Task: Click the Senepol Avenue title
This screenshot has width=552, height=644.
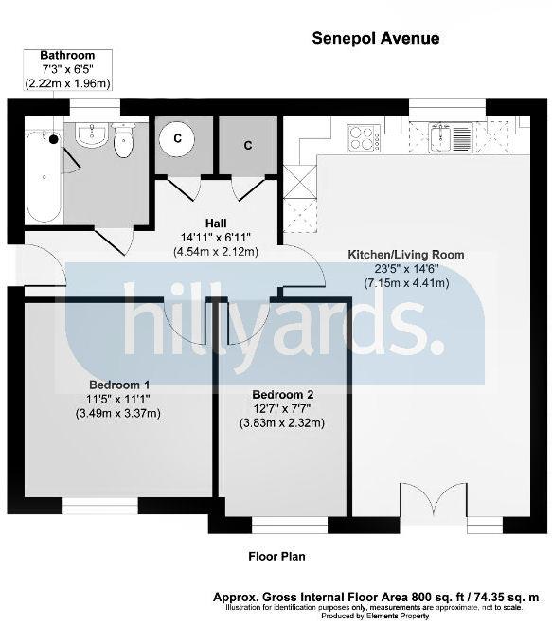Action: (x=375, y=38)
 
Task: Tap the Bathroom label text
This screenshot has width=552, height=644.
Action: (x=67, y=55)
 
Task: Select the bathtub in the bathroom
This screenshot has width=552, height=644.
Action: (x=45, y=176)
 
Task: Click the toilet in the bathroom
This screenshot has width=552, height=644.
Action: (x=124, y=139)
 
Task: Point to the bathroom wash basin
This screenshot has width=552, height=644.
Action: (x=93, y=134)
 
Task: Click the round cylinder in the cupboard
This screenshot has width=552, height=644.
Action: (x=177, y=139)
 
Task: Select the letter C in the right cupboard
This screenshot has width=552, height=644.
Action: (x=248, y=146)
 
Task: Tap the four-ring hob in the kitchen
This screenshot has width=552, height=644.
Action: (x=364, y=138)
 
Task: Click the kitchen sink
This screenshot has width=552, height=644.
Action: (x=451, y=136)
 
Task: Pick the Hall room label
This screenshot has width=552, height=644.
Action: (x=216, y=224)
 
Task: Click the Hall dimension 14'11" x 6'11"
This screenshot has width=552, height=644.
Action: (x=216, y=238)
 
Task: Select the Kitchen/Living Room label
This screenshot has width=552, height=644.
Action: (x=406, y=255)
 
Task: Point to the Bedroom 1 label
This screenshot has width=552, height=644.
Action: (x=119, y=385)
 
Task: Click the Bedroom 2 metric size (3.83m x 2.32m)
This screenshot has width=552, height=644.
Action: (x=282, y=423)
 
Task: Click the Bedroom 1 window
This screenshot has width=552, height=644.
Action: (x=99, y=506)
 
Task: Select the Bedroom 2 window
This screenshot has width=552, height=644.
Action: (x=290, y=526)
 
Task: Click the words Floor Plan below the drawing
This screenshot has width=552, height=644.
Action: (x=276, y=557)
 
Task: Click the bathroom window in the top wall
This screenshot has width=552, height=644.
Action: (x=95, y=108)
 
